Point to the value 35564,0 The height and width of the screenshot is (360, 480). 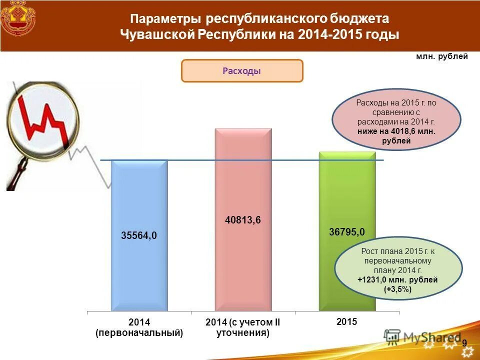coord(139,235)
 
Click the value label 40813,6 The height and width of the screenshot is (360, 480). coord(243,220)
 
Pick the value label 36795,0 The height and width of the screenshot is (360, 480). coord(347,231)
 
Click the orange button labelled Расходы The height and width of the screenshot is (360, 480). coord(242,71)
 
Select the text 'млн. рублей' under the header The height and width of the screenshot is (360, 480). coord(442,56)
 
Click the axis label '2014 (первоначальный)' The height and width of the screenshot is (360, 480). coord(139,327)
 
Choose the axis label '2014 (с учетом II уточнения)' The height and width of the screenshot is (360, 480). coord(243,327)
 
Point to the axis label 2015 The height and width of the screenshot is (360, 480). coord(347,321)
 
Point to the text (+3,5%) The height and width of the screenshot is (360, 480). coord(398,288)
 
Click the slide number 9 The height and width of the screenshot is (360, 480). coord(464,343)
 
